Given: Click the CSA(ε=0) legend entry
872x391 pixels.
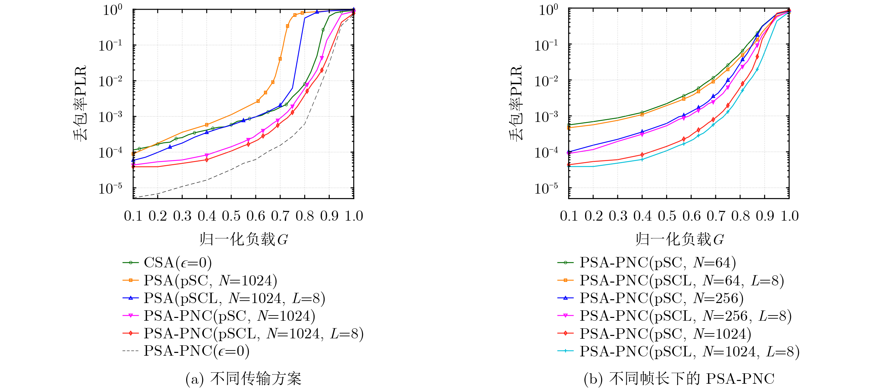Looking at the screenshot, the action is (167, 263).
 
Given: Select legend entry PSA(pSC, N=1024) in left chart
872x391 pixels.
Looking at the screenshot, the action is (200, 281).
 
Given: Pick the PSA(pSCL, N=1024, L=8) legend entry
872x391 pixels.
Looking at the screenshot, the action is (224, 298).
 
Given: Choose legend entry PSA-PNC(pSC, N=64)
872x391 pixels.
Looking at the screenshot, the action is (647, 263).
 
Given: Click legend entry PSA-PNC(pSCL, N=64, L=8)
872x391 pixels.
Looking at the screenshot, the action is (671, 281).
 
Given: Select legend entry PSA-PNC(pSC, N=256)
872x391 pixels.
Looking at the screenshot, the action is (651, 298).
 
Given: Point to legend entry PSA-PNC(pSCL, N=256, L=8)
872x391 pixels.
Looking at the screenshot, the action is (674, 316).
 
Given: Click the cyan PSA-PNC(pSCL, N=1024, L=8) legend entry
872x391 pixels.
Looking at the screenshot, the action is (679, 351).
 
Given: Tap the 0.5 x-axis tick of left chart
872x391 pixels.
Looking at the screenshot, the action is (231, 216).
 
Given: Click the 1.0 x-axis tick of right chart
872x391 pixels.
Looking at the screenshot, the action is (790, 216).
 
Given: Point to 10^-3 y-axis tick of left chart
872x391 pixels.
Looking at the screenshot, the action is (110, 116).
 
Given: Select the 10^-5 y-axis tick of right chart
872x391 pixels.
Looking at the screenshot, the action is (546, 188).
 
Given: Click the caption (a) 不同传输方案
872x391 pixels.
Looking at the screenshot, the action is (244, 379).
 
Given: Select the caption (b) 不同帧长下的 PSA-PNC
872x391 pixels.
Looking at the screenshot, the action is (679, 379).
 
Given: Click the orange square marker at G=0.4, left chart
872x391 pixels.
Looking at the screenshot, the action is (207, 125).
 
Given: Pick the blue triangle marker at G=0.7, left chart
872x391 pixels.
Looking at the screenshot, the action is (280, 105).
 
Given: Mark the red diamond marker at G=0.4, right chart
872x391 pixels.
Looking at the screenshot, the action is (642, 155).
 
